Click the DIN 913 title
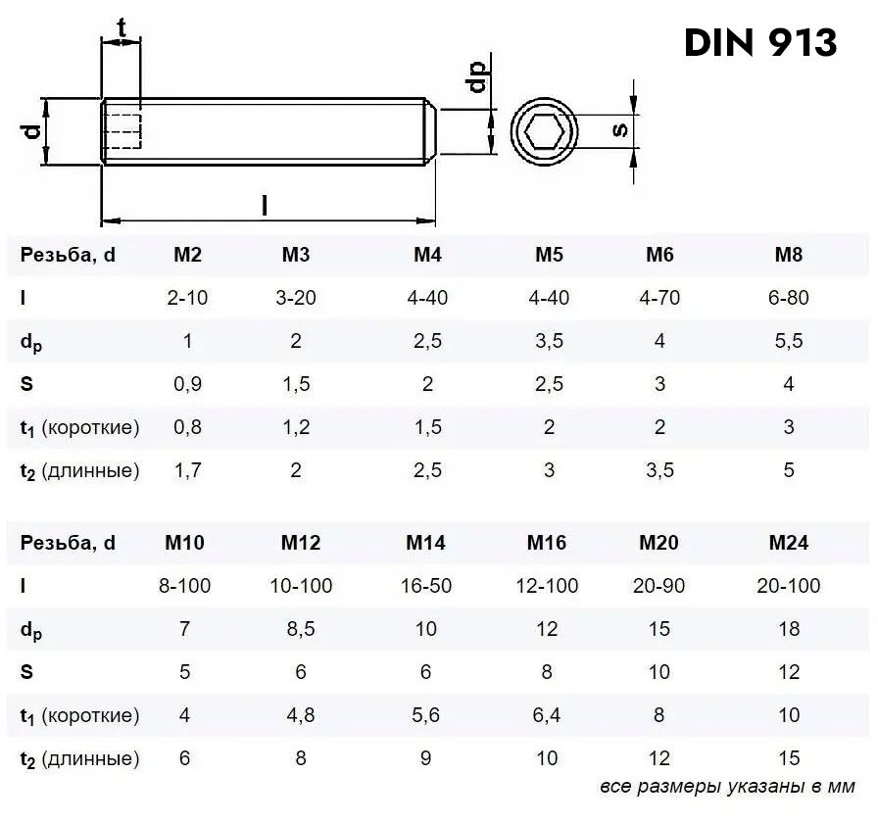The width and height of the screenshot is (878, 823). tap(760, 42)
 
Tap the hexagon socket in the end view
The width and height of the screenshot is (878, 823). tap(544, 132)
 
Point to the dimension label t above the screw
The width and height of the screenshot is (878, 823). tap(121, 27)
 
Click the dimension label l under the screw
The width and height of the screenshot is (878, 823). tap(265, 205)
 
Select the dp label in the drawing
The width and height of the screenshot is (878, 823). tap(477, 76)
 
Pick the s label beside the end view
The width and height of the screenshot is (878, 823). tap(619, 130)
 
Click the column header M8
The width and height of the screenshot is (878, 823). tap(789, 255)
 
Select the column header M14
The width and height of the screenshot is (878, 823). tap(425, 543)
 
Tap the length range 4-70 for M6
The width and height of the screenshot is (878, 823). tap(659, 298)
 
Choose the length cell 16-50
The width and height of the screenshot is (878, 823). tap(425, 586)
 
